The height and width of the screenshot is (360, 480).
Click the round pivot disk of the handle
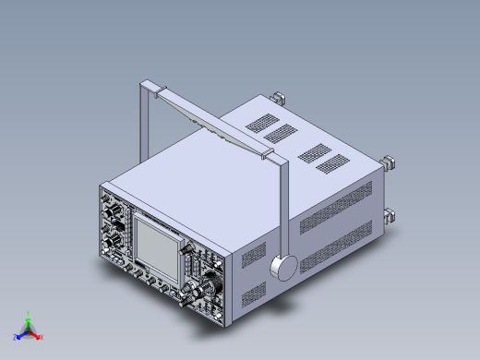(285, 268)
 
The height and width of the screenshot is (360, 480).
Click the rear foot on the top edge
(278, 96)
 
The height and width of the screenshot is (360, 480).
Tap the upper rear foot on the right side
(390, 162)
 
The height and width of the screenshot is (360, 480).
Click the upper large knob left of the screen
(116, 220)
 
